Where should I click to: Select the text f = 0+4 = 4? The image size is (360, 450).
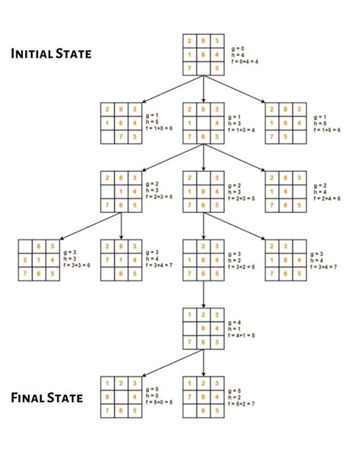(x=245, y=60)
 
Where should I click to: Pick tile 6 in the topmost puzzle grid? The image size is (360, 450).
(x=204, y=55)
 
